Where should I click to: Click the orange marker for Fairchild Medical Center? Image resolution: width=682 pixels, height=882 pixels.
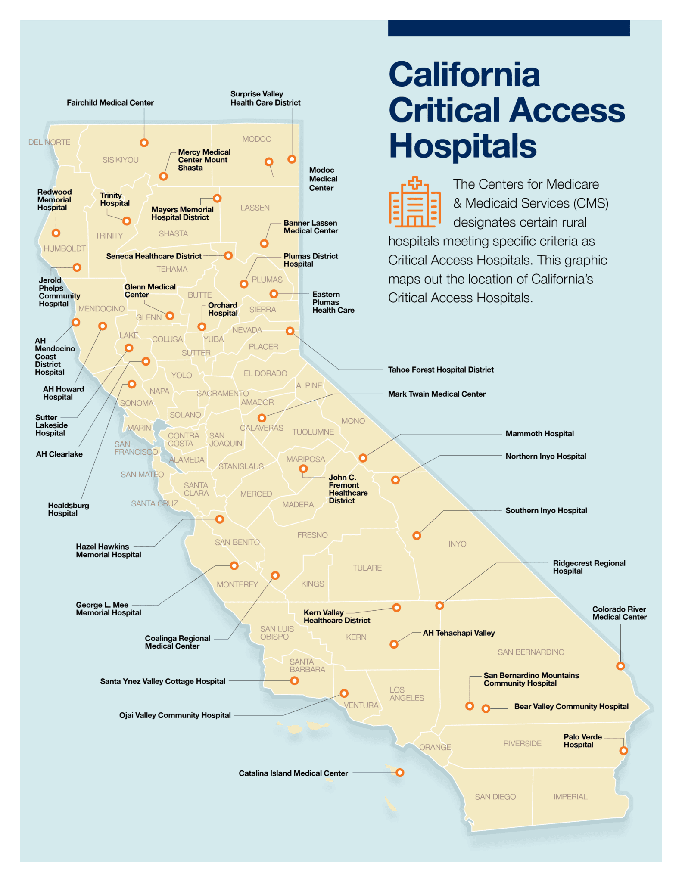click(x=144, y=143)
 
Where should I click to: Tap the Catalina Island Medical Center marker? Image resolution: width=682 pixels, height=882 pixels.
click(x=400, y=773)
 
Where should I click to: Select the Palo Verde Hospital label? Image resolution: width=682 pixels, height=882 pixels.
click(x=582, y=741)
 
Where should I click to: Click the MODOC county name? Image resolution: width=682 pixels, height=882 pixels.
click(x=256, y=139)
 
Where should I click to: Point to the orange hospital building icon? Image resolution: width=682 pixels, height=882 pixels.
click(x=414, y=202)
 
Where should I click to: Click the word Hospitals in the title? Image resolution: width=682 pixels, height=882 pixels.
click(x=463, y=146)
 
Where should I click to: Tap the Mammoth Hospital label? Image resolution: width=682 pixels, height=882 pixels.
click(x=539, y=434)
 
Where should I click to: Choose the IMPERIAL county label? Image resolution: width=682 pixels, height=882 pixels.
click(x=570, y=797)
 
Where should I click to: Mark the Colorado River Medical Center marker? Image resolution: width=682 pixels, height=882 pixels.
click(x=620, y=666)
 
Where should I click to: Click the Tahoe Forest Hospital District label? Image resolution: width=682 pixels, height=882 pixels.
click(x=441, y=370)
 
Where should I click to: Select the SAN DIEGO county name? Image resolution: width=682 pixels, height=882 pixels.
click(x=495, y=797)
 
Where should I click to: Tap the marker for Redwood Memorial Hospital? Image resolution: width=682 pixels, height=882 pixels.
click(x=56, y=233)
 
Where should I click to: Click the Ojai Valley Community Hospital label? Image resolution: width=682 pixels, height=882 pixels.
click(x=175, y=715)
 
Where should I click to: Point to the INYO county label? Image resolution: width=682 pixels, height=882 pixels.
click(x=457, y=544)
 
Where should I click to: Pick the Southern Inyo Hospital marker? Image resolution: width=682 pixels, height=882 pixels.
click(x=417, y=536)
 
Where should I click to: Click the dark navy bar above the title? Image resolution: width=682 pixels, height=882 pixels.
click(x=508, y=28)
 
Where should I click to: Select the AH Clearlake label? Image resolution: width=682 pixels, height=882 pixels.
click(x=59, y=454)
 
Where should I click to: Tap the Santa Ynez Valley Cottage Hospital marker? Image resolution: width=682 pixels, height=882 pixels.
click(x=295, y=681)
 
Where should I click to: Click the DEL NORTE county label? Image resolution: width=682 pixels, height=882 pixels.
click(x=49, y=142)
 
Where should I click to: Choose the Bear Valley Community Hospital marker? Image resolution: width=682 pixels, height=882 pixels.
click(x=486, y=708)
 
